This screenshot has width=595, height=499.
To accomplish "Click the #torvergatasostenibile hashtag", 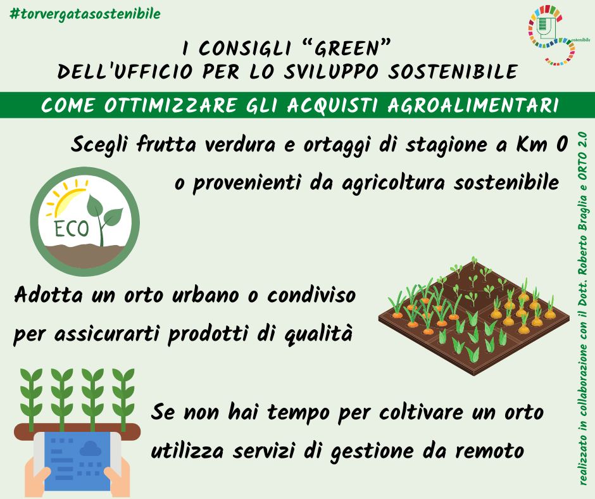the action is [x=85, y=15].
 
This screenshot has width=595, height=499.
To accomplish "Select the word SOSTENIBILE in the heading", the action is [x=453, y=72].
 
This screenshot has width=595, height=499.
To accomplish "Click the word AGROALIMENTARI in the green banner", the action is [x=473, y=105].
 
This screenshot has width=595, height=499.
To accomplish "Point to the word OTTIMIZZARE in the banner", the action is [x=171, y=105].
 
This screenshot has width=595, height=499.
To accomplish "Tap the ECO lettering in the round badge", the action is [x=72, y=229].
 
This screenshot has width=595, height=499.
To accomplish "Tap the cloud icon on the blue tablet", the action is [x=91, y=448].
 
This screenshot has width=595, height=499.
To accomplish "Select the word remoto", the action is [x=489, y=451].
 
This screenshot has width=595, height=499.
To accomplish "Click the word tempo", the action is [x=299, y=413].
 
